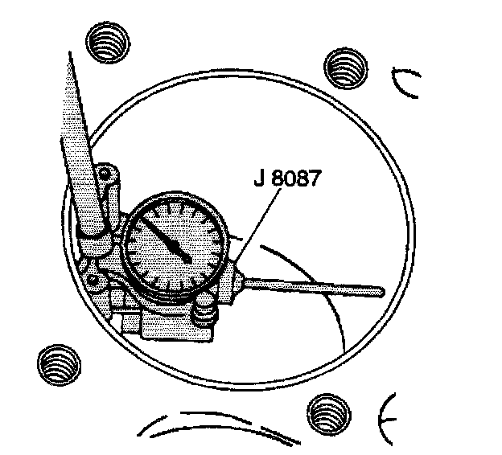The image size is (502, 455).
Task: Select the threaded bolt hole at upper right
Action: pyautogui.click(x=344, y=67)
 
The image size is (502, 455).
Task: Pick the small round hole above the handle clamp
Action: pyautogui.click(x=105, y=172)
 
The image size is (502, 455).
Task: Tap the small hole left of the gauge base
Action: pyautogui.click(x=95, y=280)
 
